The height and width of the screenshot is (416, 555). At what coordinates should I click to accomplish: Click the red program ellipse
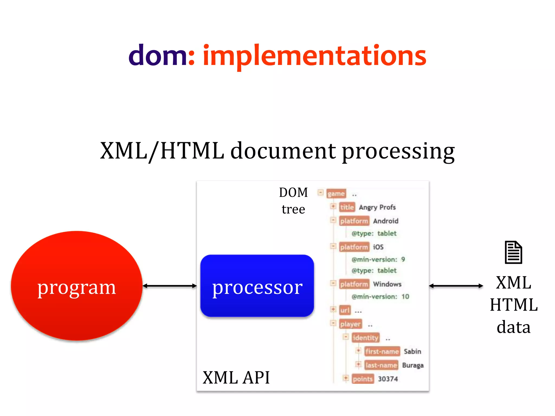point(77,286)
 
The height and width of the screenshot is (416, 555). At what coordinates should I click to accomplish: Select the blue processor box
point(257,286)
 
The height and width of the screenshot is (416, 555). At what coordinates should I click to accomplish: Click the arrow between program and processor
point(170,286)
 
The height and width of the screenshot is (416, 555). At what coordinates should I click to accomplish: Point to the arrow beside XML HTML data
point(456,286)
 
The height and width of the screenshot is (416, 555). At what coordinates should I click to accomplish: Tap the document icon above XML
point(513,252)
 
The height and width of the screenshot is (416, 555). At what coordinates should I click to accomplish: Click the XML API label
point(236,377)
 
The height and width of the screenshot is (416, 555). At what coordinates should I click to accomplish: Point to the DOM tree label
point(293,201)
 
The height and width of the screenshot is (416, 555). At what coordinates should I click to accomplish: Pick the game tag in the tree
point(336,194)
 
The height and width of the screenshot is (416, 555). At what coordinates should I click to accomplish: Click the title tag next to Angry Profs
point(347,207)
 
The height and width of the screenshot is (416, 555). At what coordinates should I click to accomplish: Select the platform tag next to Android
point(354,221)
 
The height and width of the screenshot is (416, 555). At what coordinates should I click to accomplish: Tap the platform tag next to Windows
point(354,284)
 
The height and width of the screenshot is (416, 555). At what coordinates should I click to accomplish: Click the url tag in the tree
point(345,310)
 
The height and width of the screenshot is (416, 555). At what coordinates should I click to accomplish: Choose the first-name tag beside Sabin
point(382,352)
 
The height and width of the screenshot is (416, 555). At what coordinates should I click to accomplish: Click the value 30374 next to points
point(388,379)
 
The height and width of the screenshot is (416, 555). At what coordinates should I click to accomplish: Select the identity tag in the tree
point(365,338)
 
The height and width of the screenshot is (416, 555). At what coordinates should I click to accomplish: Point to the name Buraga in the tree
point(413,365)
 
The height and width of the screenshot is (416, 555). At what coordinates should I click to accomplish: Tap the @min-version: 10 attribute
point(380,297)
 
